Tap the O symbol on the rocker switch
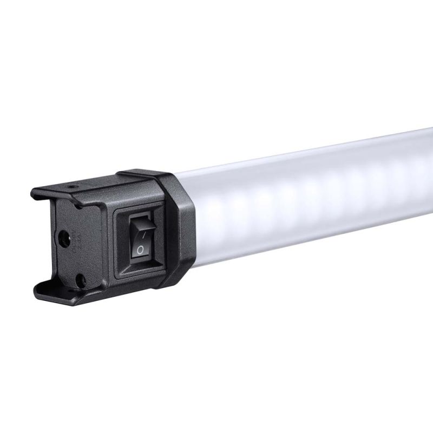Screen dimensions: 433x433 pos(140,249)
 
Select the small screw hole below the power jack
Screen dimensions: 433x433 pos(81,279)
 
